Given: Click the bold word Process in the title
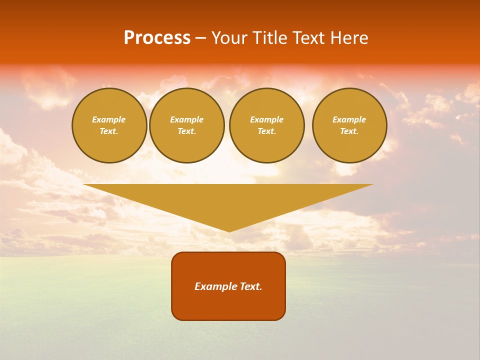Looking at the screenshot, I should pyautogui.click(x=157, y=38).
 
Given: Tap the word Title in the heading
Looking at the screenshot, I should pyautogui.click(x=269, y=38).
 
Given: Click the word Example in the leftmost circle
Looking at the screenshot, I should pyautogui.click(x=109, y=119).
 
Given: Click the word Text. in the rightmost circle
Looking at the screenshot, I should pyautogui.click(x=349, y=131).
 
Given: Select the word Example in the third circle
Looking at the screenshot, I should pyautogui.click(x=267, y=119).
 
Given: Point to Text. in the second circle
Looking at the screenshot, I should pyautogui.click(x=187, y=131).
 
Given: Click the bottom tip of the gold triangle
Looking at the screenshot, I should pyautogui.click(x=229, y=230).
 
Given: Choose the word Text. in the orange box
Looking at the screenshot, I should pyautogui.click(x=250, y=286).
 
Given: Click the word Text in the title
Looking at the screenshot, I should pyautogui.click(x=309, y=38).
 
